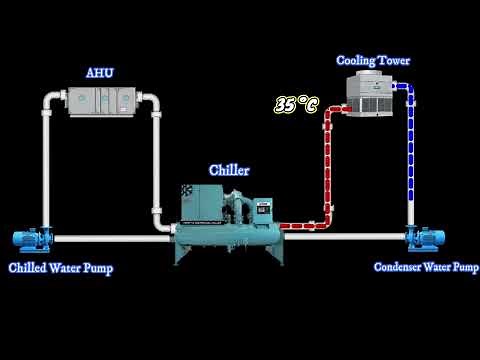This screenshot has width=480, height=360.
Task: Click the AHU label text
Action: pyautogui.click(x=101, y=73)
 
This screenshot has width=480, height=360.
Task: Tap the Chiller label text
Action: pyautogui.click(x=228, y=170)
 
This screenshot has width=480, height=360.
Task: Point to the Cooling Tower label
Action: pyautogui.click(x=372, y=61)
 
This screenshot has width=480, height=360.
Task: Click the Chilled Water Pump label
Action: pyautogui.click(x=60, y=268)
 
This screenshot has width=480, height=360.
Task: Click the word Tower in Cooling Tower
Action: pyautogui.click(x=393, y=61)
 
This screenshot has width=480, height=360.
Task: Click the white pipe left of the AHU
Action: pyautogui.click(x=46, y=160)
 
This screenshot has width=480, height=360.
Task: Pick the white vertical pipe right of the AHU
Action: pyautogui.click(x=157, y=160)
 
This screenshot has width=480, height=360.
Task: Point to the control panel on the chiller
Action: pyautogui.click(x=262, y=210)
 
